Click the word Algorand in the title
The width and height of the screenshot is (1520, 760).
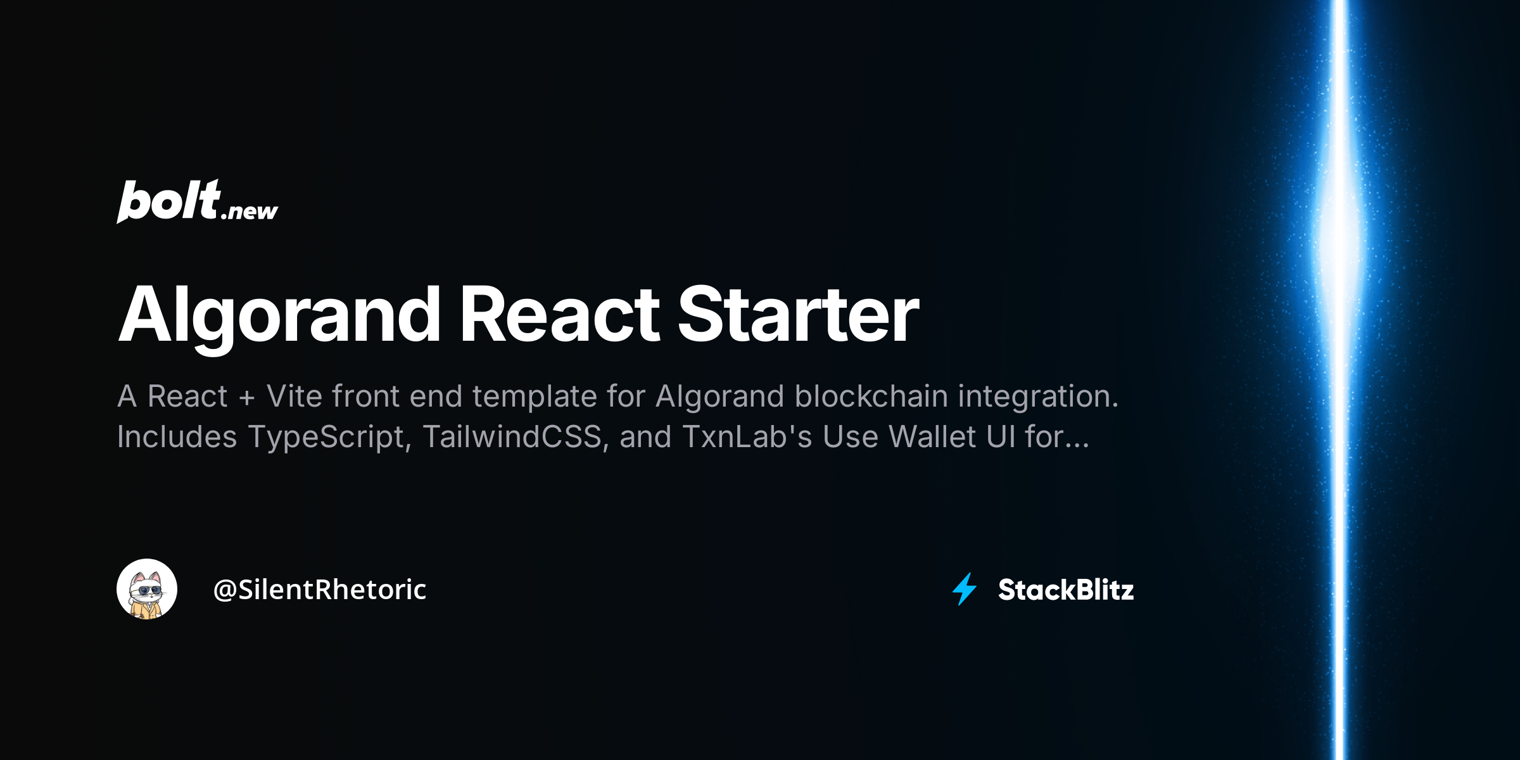(279, 315)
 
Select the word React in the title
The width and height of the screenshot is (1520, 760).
(559, 315)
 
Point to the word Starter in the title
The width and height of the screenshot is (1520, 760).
(798, 315)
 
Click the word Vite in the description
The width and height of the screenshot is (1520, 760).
(294, 396)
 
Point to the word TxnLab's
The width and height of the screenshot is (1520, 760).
(747, 437)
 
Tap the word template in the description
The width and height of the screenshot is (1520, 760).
(535, 396)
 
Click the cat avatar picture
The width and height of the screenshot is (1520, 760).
(147, 589)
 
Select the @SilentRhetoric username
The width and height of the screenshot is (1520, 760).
(320, 590)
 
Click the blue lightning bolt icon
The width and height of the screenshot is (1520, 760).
(965, 589)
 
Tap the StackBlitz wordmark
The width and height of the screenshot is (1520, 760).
(1066, 590)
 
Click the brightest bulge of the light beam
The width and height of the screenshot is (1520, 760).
(1339, 234)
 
